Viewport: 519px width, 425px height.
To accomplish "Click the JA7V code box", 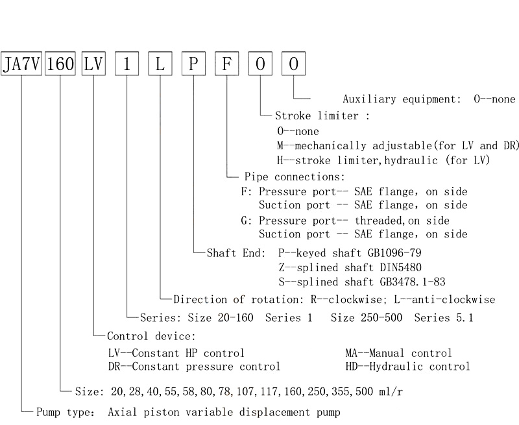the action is [x=21, y=64].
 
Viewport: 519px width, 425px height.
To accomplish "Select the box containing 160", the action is [x=60, y=64].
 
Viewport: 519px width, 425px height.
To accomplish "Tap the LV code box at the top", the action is [x=93, y=64].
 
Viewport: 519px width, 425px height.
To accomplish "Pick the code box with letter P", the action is [x=193, y=64].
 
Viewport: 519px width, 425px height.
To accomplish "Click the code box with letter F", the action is [x=227, y=64].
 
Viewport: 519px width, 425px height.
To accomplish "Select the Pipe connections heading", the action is [x=295, y=176].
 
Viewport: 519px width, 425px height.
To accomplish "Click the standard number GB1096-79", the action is [x=394, y=253].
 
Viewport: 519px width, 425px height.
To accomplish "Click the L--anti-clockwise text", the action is [x=444, y=300].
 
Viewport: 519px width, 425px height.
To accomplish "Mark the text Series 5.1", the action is [x=444, y=318].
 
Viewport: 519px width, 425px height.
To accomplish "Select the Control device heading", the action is [x=152, y=336].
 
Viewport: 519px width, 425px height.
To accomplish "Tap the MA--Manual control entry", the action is [x=398, y=353].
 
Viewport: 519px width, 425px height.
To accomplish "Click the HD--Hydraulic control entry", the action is [x=408, y=367].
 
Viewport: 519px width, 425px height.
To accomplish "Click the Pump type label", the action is [x=66, y=412].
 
